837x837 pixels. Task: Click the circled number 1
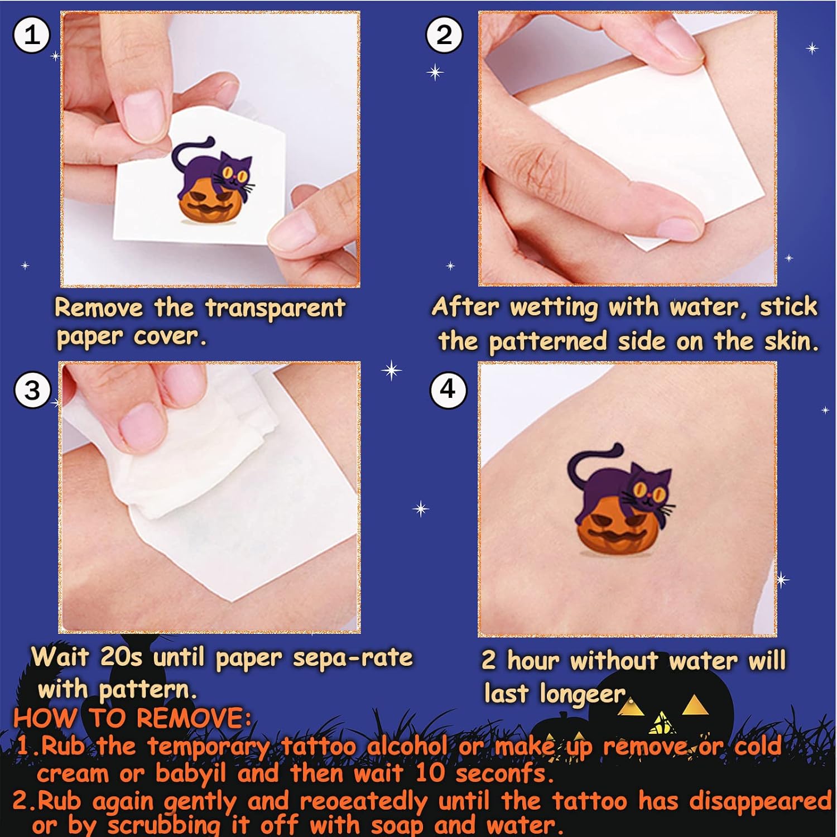click(x=32, y=36)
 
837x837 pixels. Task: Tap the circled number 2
click(x=444, y=35)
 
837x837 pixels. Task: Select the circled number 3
click(x=32, y=389)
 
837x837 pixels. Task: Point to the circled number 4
click(x=448, y=389)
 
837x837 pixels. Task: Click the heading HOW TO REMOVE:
click(x=132, y=718)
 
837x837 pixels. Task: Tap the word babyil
click(x=190, y=773)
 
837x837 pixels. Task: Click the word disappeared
click(x=761, y=801)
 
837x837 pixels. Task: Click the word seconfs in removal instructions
click(x=504, y=773)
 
